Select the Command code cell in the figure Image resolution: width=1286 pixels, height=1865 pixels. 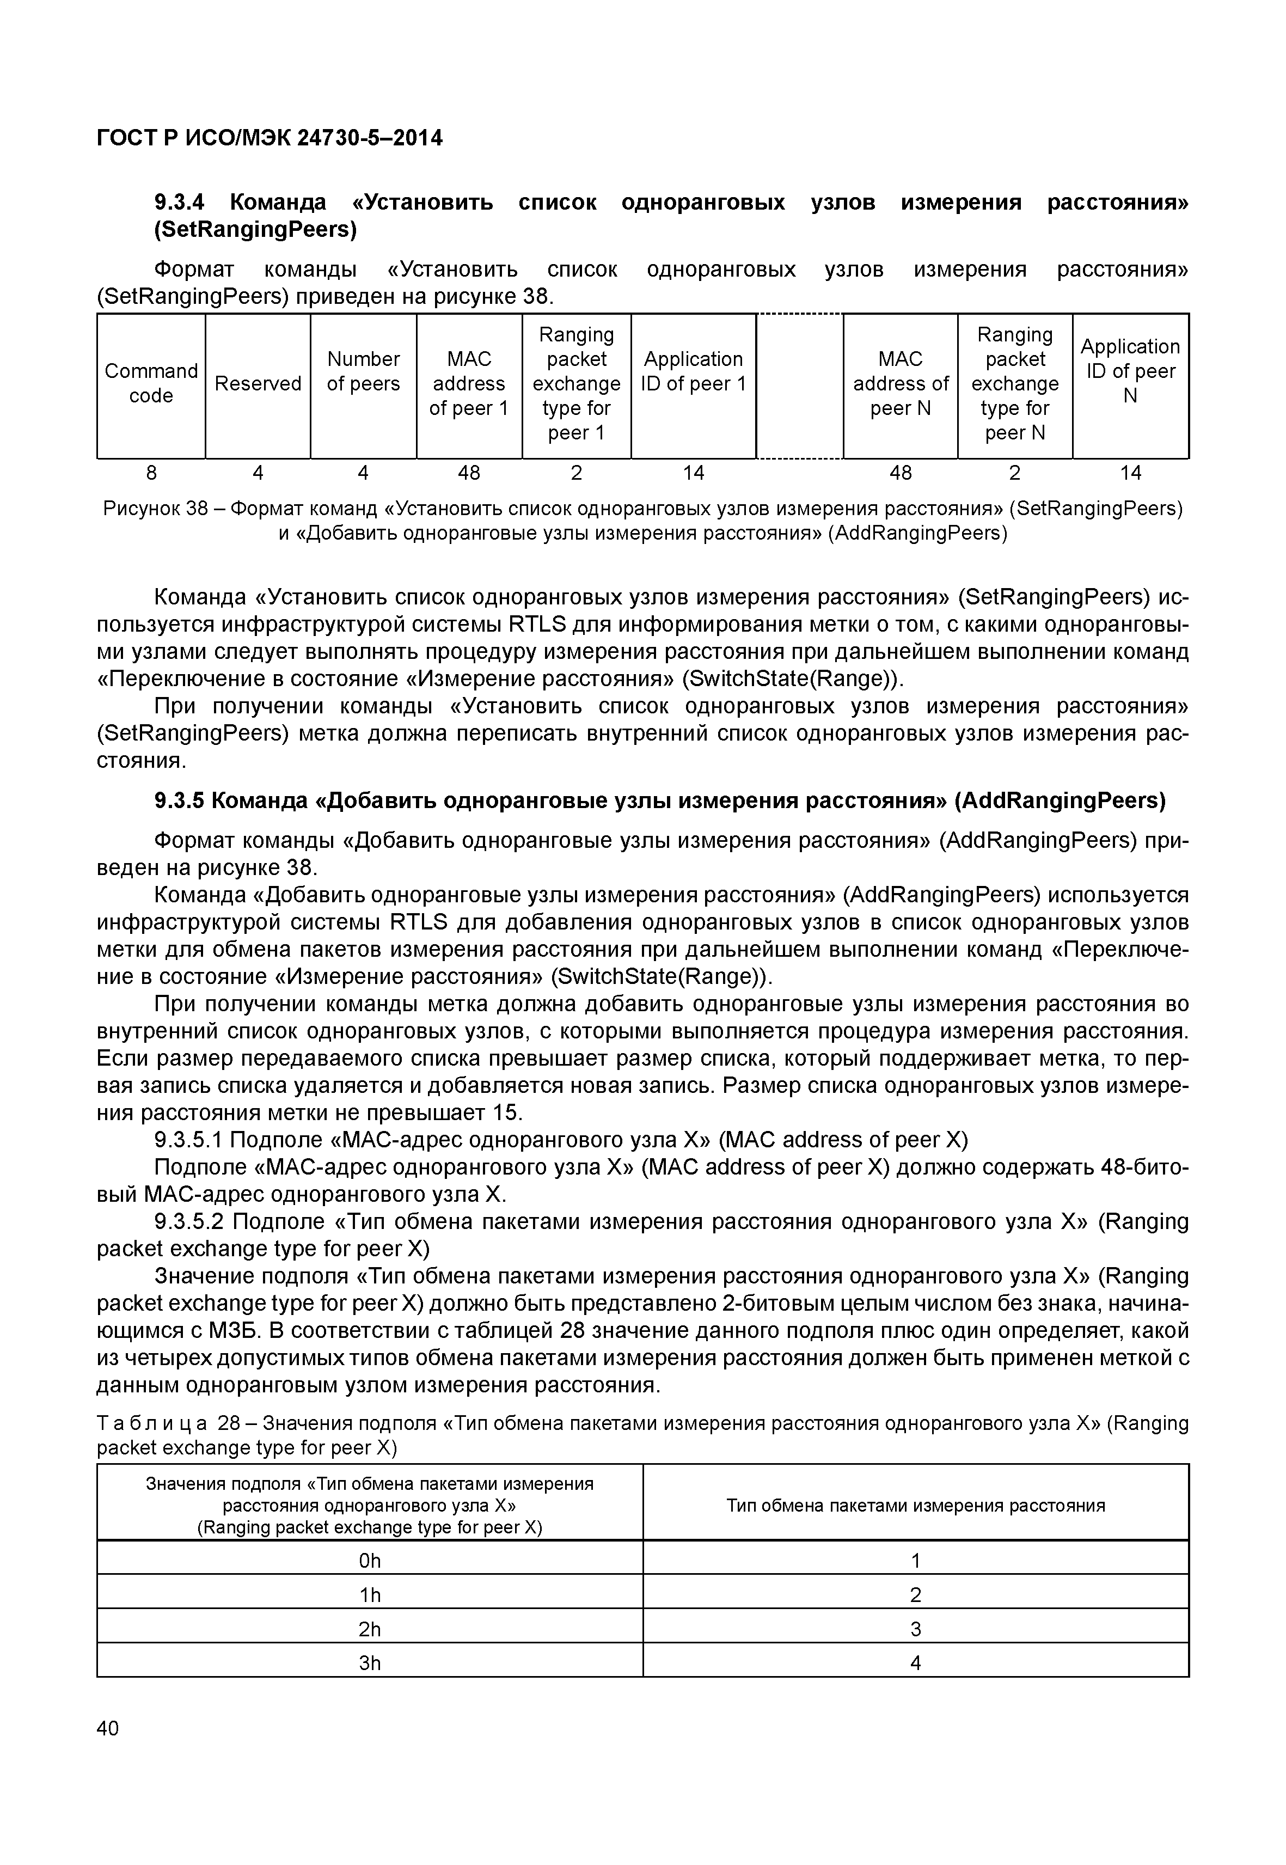click(x=151, y=384)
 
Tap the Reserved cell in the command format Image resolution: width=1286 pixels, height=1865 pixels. click(x=258, y=384)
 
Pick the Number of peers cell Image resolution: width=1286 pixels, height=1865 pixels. click(x=363, y=371)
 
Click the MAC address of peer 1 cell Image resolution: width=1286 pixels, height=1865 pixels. click(x=469, y=384)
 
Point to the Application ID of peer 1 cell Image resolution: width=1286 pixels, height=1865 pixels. click(x=693, y=371)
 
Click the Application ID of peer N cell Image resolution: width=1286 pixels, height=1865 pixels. click(x=1130, y=371)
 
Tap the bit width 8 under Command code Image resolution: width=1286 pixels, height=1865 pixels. click(x=151, y=473)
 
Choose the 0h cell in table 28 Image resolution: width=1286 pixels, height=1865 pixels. click(x=370, y=1561)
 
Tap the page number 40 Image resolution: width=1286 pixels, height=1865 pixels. click(x=107, y=1728)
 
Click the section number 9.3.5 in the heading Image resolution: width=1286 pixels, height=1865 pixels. click(x=179, y=801)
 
